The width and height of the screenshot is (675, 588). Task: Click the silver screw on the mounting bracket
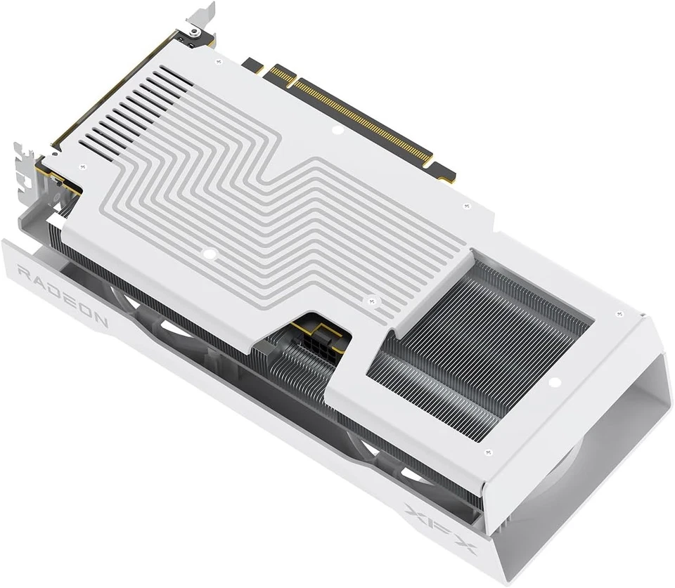pos(195,33)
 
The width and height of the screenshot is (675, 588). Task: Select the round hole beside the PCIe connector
pos(337,130)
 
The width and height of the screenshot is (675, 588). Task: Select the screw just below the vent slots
pos(84,166)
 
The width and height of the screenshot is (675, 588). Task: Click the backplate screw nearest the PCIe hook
pos(467,205)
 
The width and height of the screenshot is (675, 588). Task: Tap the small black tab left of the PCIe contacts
pos(252,65)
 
